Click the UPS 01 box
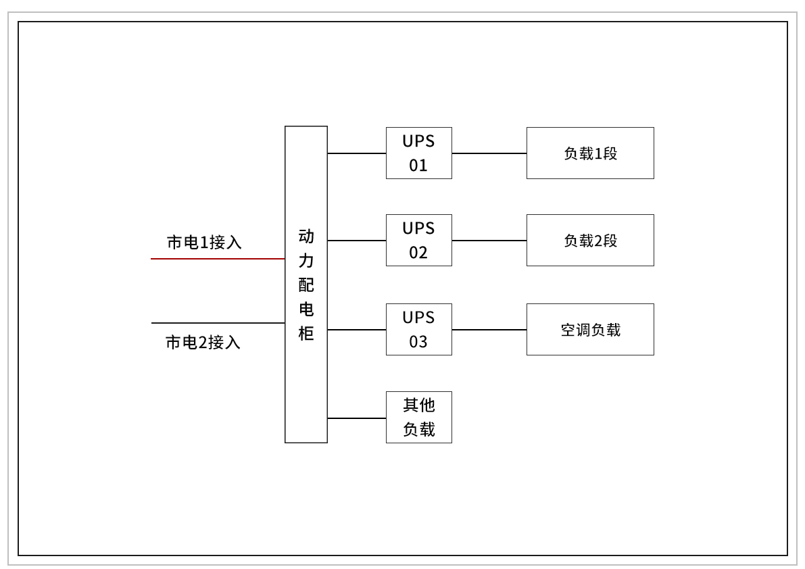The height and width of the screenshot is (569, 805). [x=418, y=153]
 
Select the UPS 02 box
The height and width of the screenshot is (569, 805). [x=418, y=240]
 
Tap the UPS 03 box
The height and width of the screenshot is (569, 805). [x=418, y=329]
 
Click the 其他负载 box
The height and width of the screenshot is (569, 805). [x=418, y=417]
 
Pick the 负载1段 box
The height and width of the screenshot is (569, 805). [x=590, y=153]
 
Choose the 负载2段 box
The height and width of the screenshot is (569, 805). [x=590, y=240]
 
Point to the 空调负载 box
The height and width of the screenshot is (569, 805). [x=590, y=329]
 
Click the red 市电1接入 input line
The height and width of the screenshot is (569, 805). [x=216, y=259]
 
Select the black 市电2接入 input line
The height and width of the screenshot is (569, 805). [x=216, y=323]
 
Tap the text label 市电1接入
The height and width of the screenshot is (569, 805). [x=204, y=243]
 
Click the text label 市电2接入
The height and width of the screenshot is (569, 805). [x=203, y=343]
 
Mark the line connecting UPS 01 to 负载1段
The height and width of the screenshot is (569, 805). [x=489, y=153]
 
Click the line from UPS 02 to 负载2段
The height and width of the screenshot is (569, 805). [x=489, y=241]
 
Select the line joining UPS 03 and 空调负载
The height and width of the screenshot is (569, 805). [x=489, y=330]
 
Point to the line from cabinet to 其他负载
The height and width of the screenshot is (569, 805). [x=357, y=418]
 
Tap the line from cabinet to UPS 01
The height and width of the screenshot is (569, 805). [x=357, y=153]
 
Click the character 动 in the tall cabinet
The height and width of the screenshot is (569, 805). [x=306, y=237]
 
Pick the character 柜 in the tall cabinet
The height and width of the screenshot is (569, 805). [x=306, y=334]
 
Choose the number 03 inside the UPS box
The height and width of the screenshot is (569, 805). [x=418, y=342]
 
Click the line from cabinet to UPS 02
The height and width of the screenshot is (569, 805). [x=357, y=241]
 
